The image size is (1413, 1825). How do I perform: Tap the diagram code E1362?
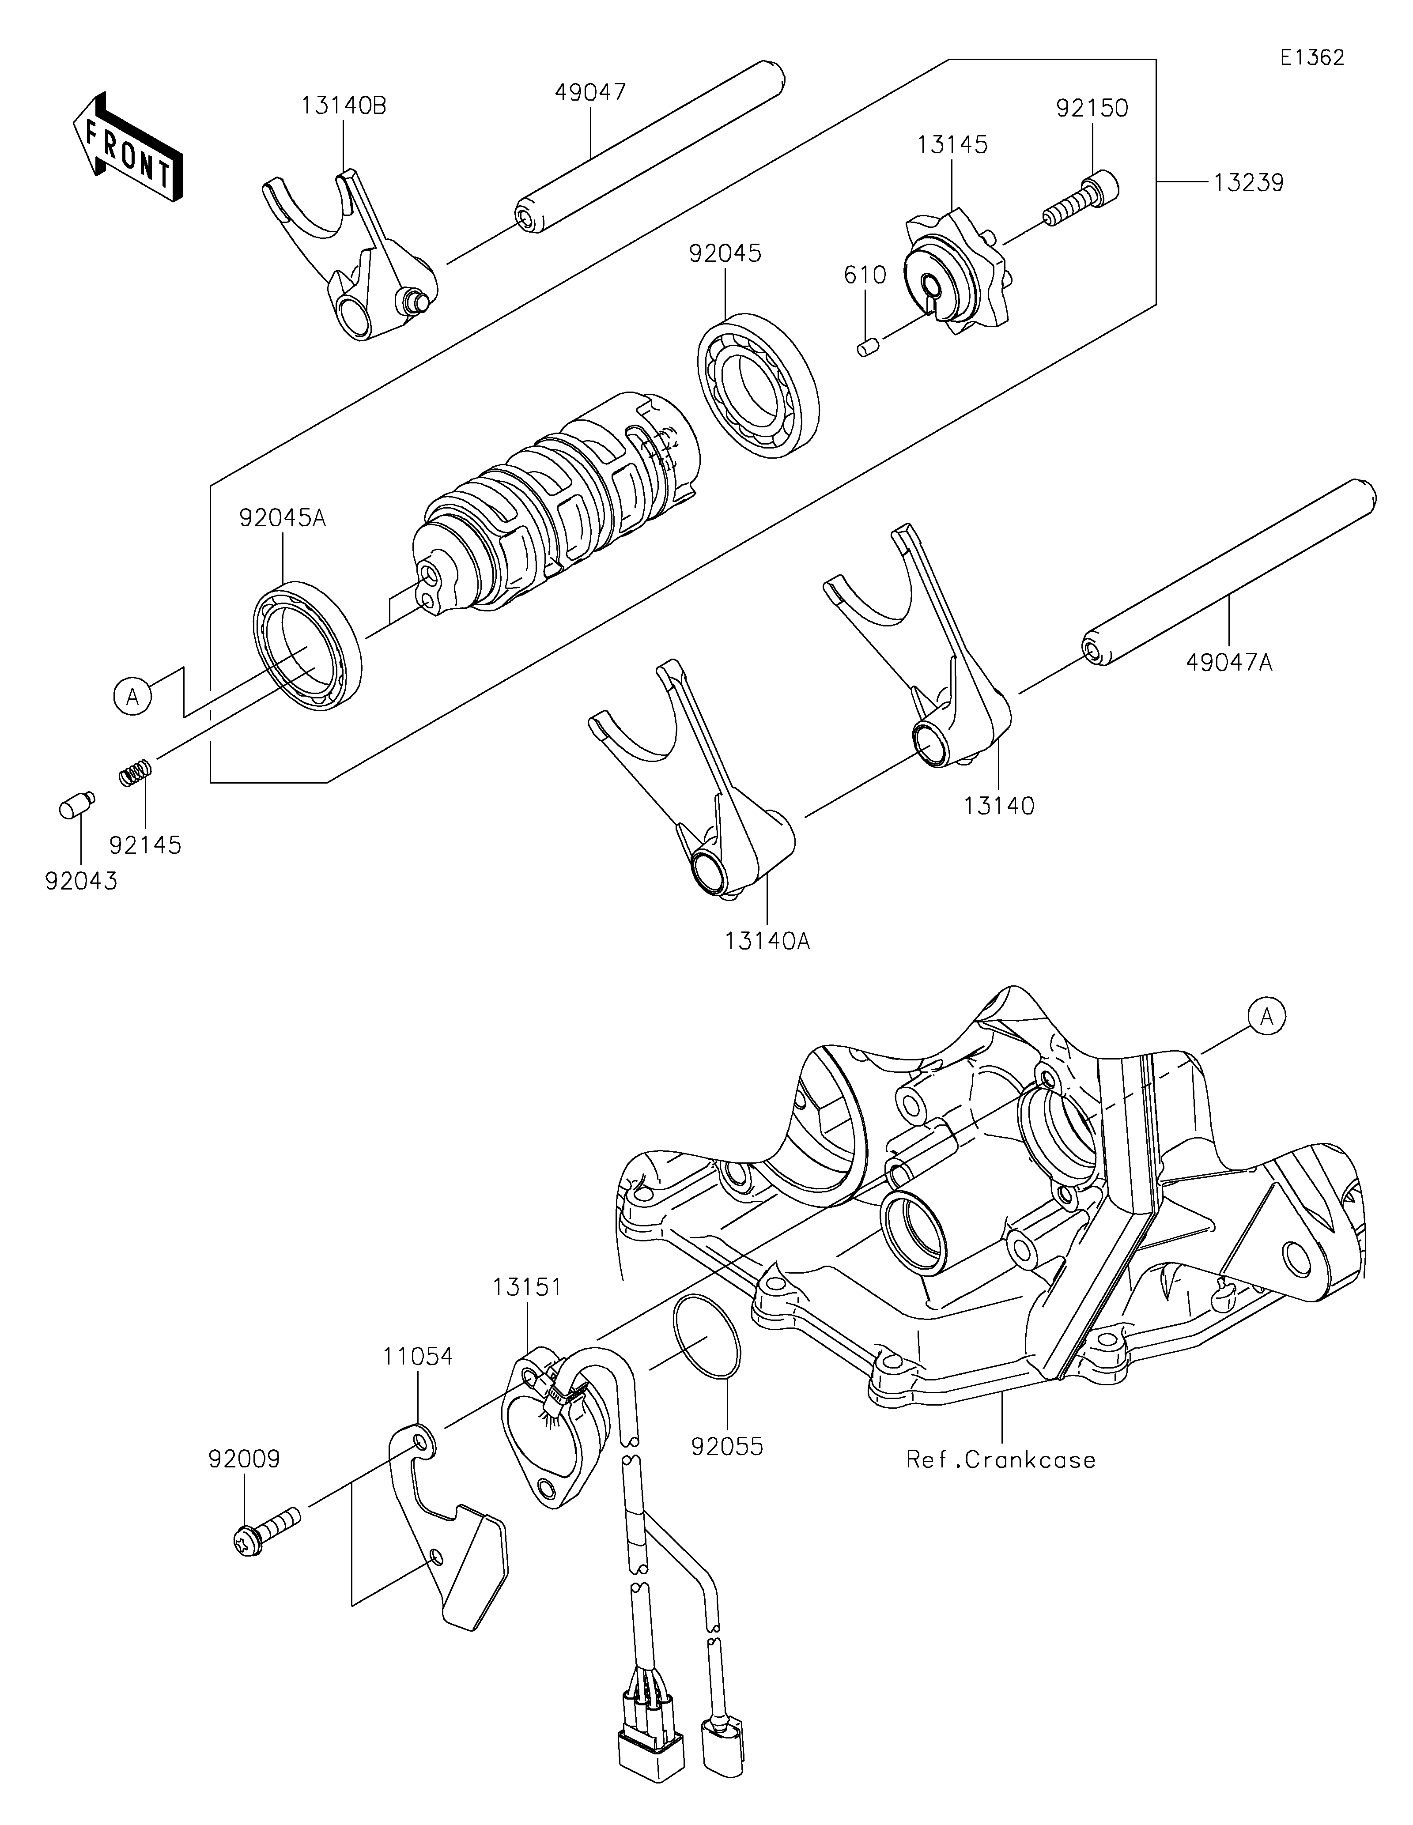1312,58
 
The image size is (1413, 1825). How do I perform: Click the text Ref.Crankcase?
1000,1460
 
